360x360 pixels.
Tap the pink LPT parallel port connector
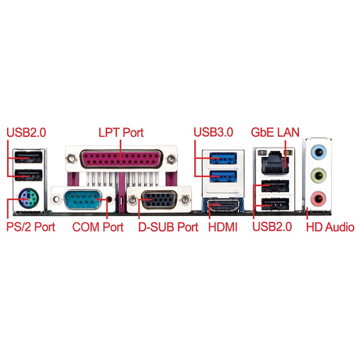[x=121, y=158]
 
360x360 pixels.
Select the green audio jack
[x=320, y=174]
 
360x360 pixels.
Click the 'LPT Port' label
[x=121, y=132]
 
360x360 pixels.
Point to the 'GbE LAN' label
[x=275, y=132]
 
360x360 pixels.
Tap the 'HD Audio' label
[x=330, y=227]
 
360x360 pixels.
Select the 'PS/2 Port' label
[x=30, y=227]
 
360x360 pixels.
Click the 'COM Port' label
[x=98, y=227]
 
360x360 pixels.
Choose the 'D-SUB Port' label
[x=168, y=227]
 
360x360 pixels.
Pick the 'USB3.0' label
[x=213, y=132]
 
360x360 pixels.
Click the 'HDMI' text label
[x=223, y=227]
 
